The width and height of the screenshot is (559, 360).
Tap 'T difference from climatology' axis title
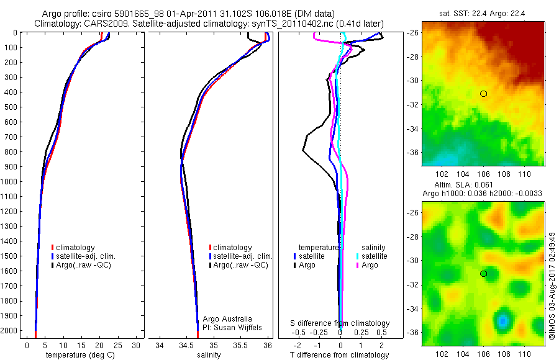point(340,355)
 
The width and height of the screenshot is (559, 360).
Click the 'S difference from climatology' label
point(340,323)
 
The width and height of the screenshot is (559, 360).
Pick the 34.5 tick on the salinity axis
point(186,344)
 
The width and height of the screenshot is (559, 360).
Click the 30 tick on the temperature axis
point(136,344)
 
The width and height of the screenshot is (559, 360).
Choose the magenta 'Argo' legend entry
point(370,265)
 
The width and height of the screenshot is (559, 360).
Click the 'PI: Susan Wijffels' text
point(228,327)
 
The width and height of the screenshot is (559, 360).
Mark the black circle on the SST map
point(483,94)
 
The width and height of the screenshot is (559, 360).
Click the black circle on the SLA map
point(483,274)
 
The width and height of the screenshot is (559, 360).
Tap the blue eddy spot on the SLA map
point(502,320)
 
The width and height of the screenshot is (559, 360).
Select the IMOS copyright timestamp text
point(552,286)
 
